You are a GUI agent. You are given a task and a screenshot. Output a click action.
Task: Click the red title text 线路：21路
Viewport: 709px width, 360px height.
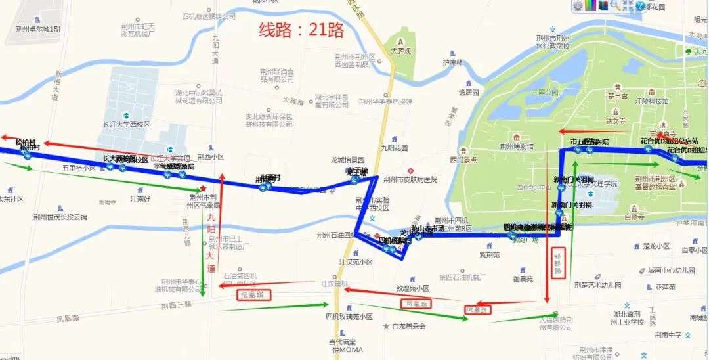click(301, 30)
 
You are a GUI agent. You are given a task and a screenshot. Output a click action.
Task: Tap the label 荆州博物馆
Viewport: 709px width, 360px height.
click(517, 146)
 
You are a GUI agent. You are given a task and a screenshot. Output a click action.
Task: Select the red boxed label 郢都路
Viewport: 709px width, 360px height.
click(558, 262)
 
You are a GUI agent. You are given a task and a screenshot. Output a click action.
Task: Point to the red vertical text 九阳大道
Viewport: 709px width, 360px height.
click(211, 243)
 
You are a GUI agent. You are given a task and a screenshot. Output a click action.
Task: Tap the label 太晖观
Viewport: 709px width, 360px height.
click(400, 51)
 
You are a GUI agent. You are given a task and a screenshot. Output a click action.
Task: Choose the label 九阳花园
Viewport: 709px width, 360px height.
click(395, 148)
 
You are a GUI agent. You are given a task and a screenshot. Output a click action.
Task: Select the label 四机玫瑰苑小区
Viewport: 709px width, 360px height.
click(349, 317)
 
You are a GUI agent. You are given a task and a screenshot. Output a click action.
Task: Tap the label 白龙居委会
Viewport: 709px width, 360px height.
click(409, 326)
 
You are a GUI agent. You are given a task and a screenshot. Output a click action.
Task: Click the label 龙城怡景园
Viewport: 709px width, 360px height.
click(347, 160)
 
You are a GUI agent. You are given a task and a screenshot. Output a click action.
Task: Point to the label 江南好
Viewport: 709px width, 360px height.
click(140, 198)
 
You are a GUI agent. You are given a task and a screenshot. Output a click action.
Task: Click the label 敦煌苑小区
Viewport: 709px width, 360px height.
click(412, 288)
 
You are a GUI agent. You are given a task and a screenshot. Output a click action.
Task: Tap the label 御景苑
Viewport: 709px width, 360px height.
click(523, 279)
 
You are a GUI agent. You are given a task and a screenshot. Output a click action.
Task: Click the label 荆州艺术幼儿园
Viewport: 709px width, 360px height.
click(597, 285)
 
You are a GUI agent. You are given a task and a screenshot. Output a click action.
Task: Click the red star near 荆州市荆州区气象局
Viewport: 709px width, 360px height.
click(203, 189)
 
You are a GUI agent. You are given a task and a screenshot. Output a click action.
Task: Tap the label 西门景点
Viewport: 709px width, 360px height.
click(463, 159)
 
